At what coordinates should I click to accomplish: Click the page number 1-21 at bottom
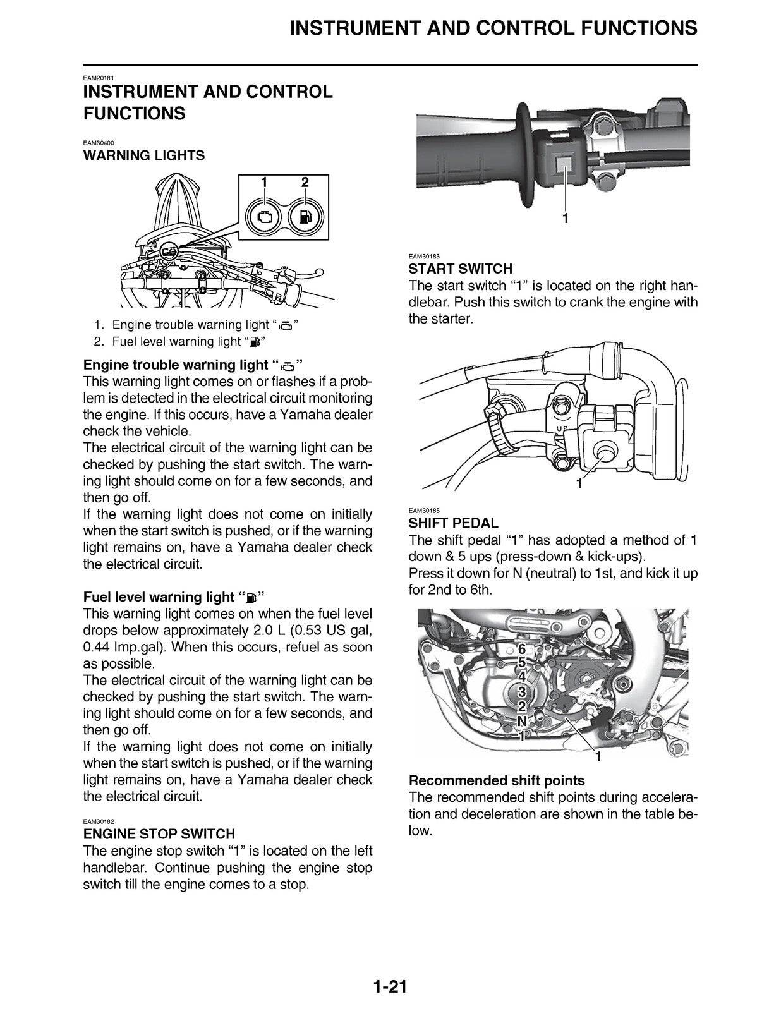[x=389, y=986]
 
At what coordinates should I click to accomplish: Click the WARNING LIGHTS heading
[x=144, y=155]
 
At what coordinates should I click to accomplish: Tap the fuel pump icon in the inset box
[x=306, y=217]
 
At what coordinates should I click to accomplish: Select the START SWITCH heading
[x=460, y=269]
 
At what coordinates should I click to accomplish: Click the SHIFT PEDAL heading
[x=453, y=523]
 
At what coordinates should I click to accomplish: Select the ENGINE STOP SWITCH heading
[x=159, y=833]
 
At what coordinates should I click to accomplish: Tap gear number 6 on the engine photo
[x=521, y=649]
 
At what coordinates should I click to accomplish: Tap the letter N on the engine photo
[x=522, y=721]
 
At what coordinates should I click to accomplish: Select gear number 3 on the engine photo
[x=521, y=693]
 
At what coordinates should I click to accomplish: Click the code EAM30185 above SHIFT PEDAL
[x=423, y=510]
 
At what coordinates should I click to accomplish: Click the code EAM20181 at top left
[x=97, y=78]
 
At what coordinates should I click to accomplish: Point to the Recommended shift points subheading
[x=496, y=780]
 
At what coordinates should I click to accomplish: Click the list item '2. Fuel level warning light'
[x=178, y=342]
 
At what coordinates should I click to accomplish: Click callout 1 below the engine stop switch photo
[x=566, y=218]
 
